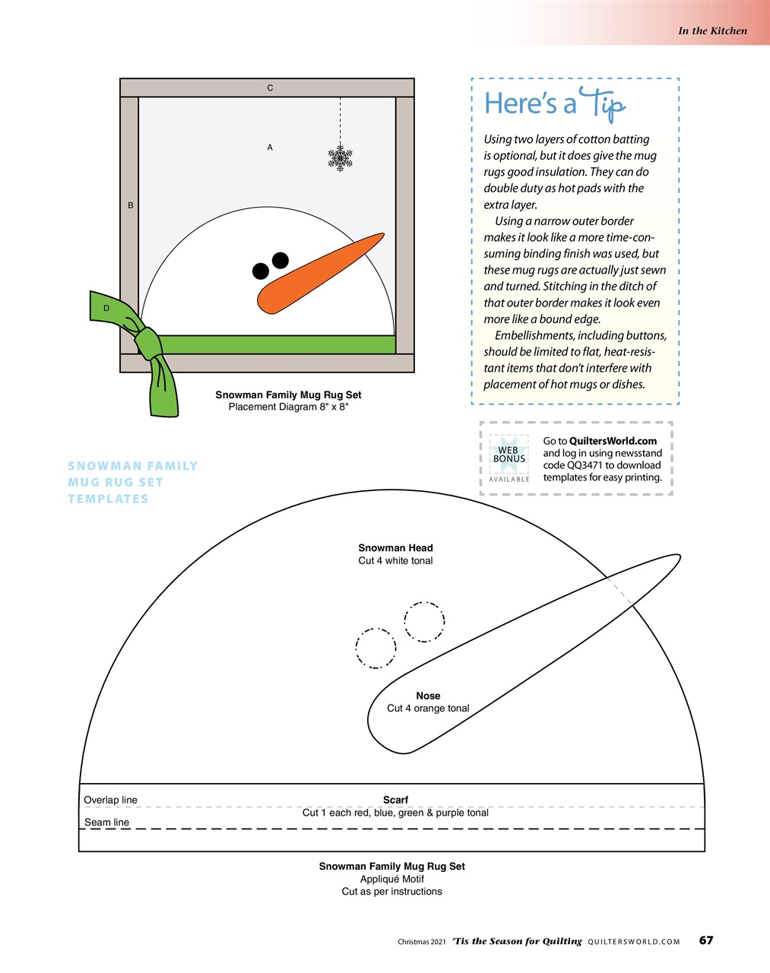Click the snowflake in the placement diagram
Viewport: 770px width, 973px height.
click(x=340, y=158)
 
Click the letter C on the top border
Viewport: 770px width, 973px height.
click(x=270, y=88)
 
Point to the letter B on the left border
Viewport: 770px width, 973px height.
click(x=131, y=205)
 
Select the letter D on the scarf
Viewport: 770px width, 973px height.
click(x=106, y=308)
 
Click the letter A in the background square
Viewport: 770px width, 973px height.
click(x=270, y=147)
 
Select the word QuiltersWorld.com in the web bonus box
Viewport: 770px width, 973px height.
click(x=613, y=441)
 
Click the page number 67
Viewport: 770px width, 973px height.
click(x=706, y=940)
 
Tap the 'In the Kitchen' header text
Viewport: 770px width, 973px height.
click(x=712, y=31)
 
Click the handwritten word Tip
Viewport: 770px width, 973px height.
click(x=603, y=106)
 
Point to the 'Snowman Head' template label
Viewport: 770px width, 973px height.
click(x=395, y=548)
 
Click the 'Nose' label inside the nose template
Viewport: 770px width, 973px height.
click(x=428, y=696)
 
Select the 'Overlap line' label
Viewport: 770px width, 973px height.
click(x=111, y=800)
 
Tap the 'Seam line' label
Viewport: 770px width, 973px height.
click(x=107, y=822)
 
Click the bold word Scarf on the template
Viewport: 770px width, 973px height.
click(x=395, y=800)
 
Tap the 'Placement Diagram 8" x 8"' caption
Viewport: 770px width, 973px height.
click(x=288, y=407)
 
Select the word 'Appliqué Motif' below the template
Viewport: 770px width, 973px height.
click(x=392, y=879)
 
